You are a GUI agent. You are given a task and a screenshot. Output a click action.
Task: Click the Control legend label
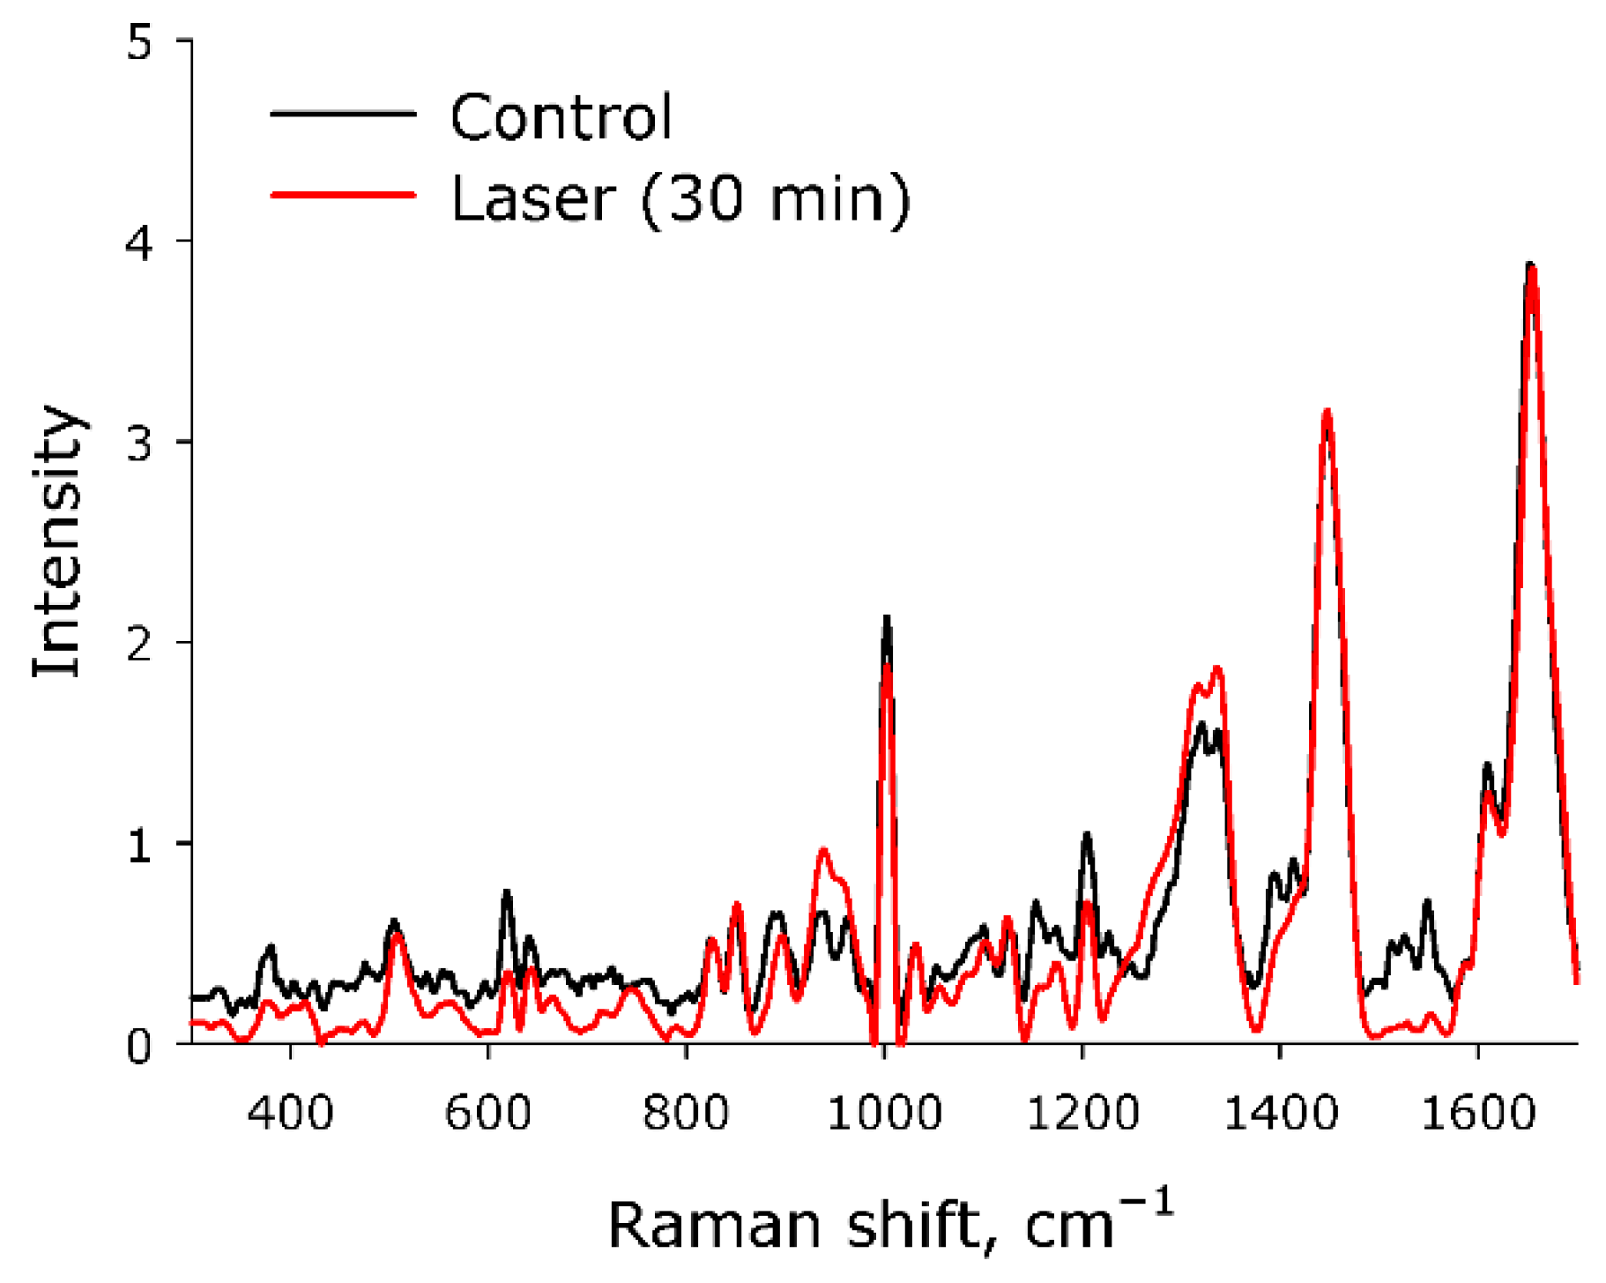(x=561, y=117)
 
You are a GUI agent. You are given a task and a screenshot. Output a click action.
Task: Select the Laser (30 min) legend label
(x=680, y=198)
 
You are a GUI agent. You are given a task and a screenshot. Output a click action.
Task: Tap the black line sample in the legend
(x=343, y=113)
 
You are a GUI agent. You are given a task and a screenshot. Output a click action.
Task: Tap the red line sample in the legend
(x=343, y=194)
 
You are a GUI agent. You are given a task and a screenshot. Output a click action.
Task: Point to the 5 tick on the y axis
(x=140, y=41)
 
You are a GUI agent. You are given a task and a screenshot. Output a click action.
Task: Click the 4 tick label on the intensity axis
(x=140, y=242)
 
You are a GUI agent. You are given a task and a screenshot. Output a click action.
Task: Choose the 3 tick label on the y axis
(x=140, y=442)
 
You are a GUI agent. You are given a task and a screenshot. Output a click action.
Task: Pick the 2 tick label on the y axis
(x=140, y=643)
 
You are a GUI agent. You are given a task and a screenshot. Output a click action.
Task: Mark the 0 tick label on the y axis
(x=140, y=1045)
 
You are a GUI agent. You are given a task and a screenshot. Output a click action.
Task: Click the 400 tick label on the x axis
(x=290, y=1113)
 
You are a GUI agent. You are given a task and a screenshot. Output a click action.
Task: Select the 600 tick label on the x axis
(x=487, y=1113)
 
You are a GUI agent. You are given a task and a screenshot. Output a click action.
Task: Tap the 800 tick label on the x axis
(x=686, y=1113)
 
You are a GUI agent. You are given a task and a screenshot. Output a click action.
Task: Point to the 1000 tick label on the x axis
(x=884, y=1113)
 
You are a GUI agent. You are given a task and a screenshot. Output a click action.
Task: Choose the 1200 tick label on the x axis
(x=1082, y=1113)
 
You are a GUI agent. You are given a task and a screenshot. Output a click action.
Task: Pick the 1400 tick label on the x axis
(x=1280, y=1113)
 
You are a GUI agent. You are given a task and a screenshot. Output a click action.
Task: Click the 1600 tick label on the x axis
(x=1478, y=1113)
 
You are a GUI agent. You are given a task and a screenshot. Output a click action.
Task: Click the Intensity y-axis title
(x=57, y=541)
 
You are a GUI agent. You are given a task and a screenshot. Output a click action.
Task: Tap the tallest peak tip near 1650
(x=1531, y=265)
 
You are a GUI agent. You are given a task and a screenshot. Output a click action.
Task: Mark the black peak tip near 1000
(x=887, y=617)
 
